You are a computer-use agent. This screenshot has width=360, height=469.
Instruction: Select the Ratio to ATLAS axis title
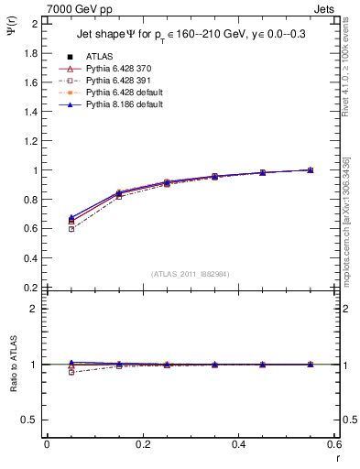pyautogui.click(x=14, y=393)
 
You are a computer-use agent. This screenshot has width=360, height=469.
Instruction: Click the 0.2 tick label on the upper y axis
pyautogui.click(x=31, y=288)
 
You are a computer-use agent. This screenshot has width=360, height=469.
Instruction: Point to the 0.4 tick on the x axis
pyautogui.click(x=238, y=444)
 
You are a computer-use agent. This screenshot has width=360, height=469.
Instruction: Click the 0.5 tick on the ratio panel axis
pyautogui.click(x=31, y=420)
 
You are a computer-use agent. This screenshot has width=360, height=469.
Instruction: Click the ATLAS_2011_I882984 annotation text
pyautogui.click(x=190, y=274)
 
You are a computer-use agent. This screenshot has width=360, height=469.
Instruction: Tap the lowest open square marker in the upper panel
pyautogui.click(x=71, y=229)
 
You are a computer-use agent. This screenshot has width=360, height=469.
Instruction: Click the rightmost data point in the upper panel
pyautogui.click(x=311, y=169)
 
